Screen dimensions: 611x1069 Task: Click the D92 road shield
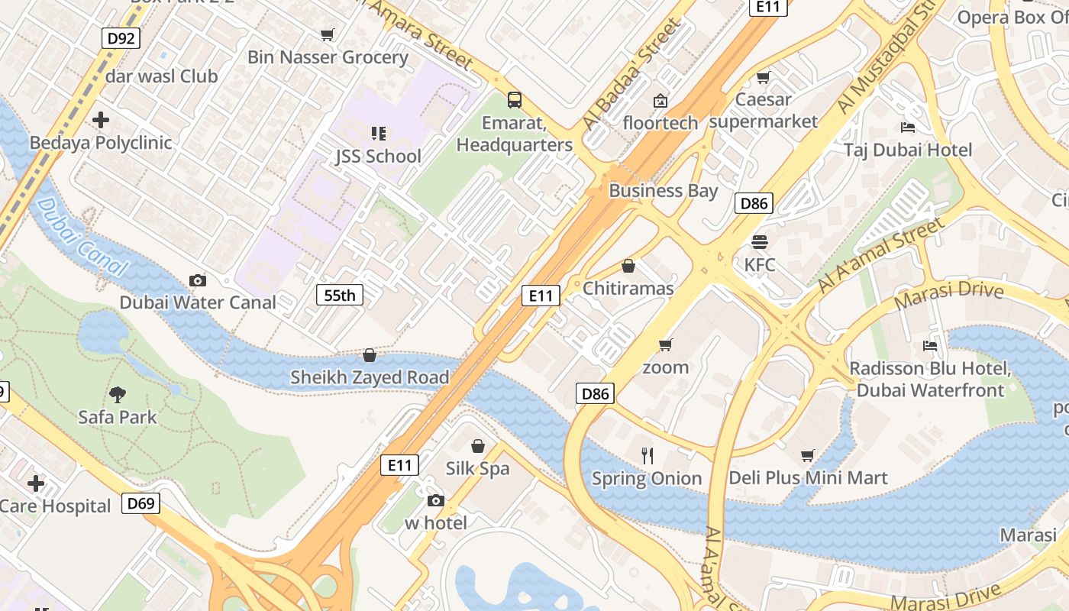coord(121,38)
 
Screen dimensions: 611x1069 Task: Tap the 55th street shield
coord(340,295)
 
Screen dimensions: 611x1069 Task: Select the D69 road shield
coord(140,503)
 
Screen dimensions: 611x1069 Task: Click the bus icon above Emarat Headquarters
coord(515,99)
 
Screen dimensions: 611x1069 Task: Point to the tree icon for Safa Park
coord(118,394)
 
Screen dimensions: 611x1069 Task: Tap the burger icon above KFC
coord(759,242)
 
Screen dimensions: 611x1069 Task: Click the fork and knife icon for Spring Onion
coord(648,456)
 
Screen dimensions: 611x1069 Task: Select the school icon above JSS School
coord(378,134)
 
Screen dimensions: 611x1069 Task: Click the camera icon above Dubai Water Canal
coord(198,280)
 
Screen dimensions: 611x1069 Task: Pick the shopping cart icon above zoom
coord(665,345)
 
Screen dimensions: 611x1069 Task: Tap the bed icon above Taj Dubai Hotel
coord(908,127)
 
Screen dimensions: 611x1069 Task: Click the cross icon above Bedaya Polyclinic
coord(101,120)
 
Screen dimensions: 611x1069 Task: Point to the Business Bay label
coord(663,191)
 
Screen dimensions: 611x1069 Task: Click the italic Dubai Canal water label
coord(81,236)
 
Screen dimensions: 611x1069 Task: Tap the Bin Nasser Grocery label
coord(328,57)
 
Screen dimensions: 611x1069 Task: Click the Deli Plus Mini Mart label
coord(808,478)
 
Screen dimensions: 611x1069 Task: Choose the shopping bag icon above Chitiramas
coord(628,266)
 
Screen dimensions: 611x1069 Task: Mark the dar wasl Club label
coord(161,76)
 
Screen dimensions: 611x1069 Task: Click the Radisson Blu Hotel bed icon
coord(930,345)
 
